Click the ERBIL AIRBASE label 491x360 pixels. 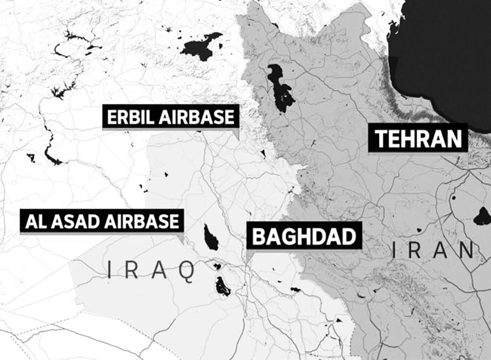coord(171,117)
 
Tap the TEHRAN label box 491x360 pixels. coord(418,138)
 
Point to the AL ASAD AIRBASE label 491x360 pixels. coord(102,221)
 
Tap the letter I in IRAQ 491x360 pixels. coord(109,270)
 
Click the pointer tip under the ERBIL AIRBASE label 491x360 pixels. coord(238,140)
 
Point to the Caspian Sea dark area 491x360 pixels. coord(445,53)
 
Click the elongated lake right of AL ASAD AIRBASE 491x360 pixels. coord(211,238)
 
